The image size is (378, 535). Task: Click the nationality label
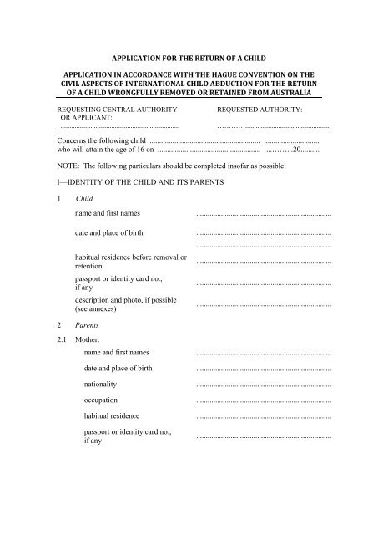[x=100, y=385]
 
